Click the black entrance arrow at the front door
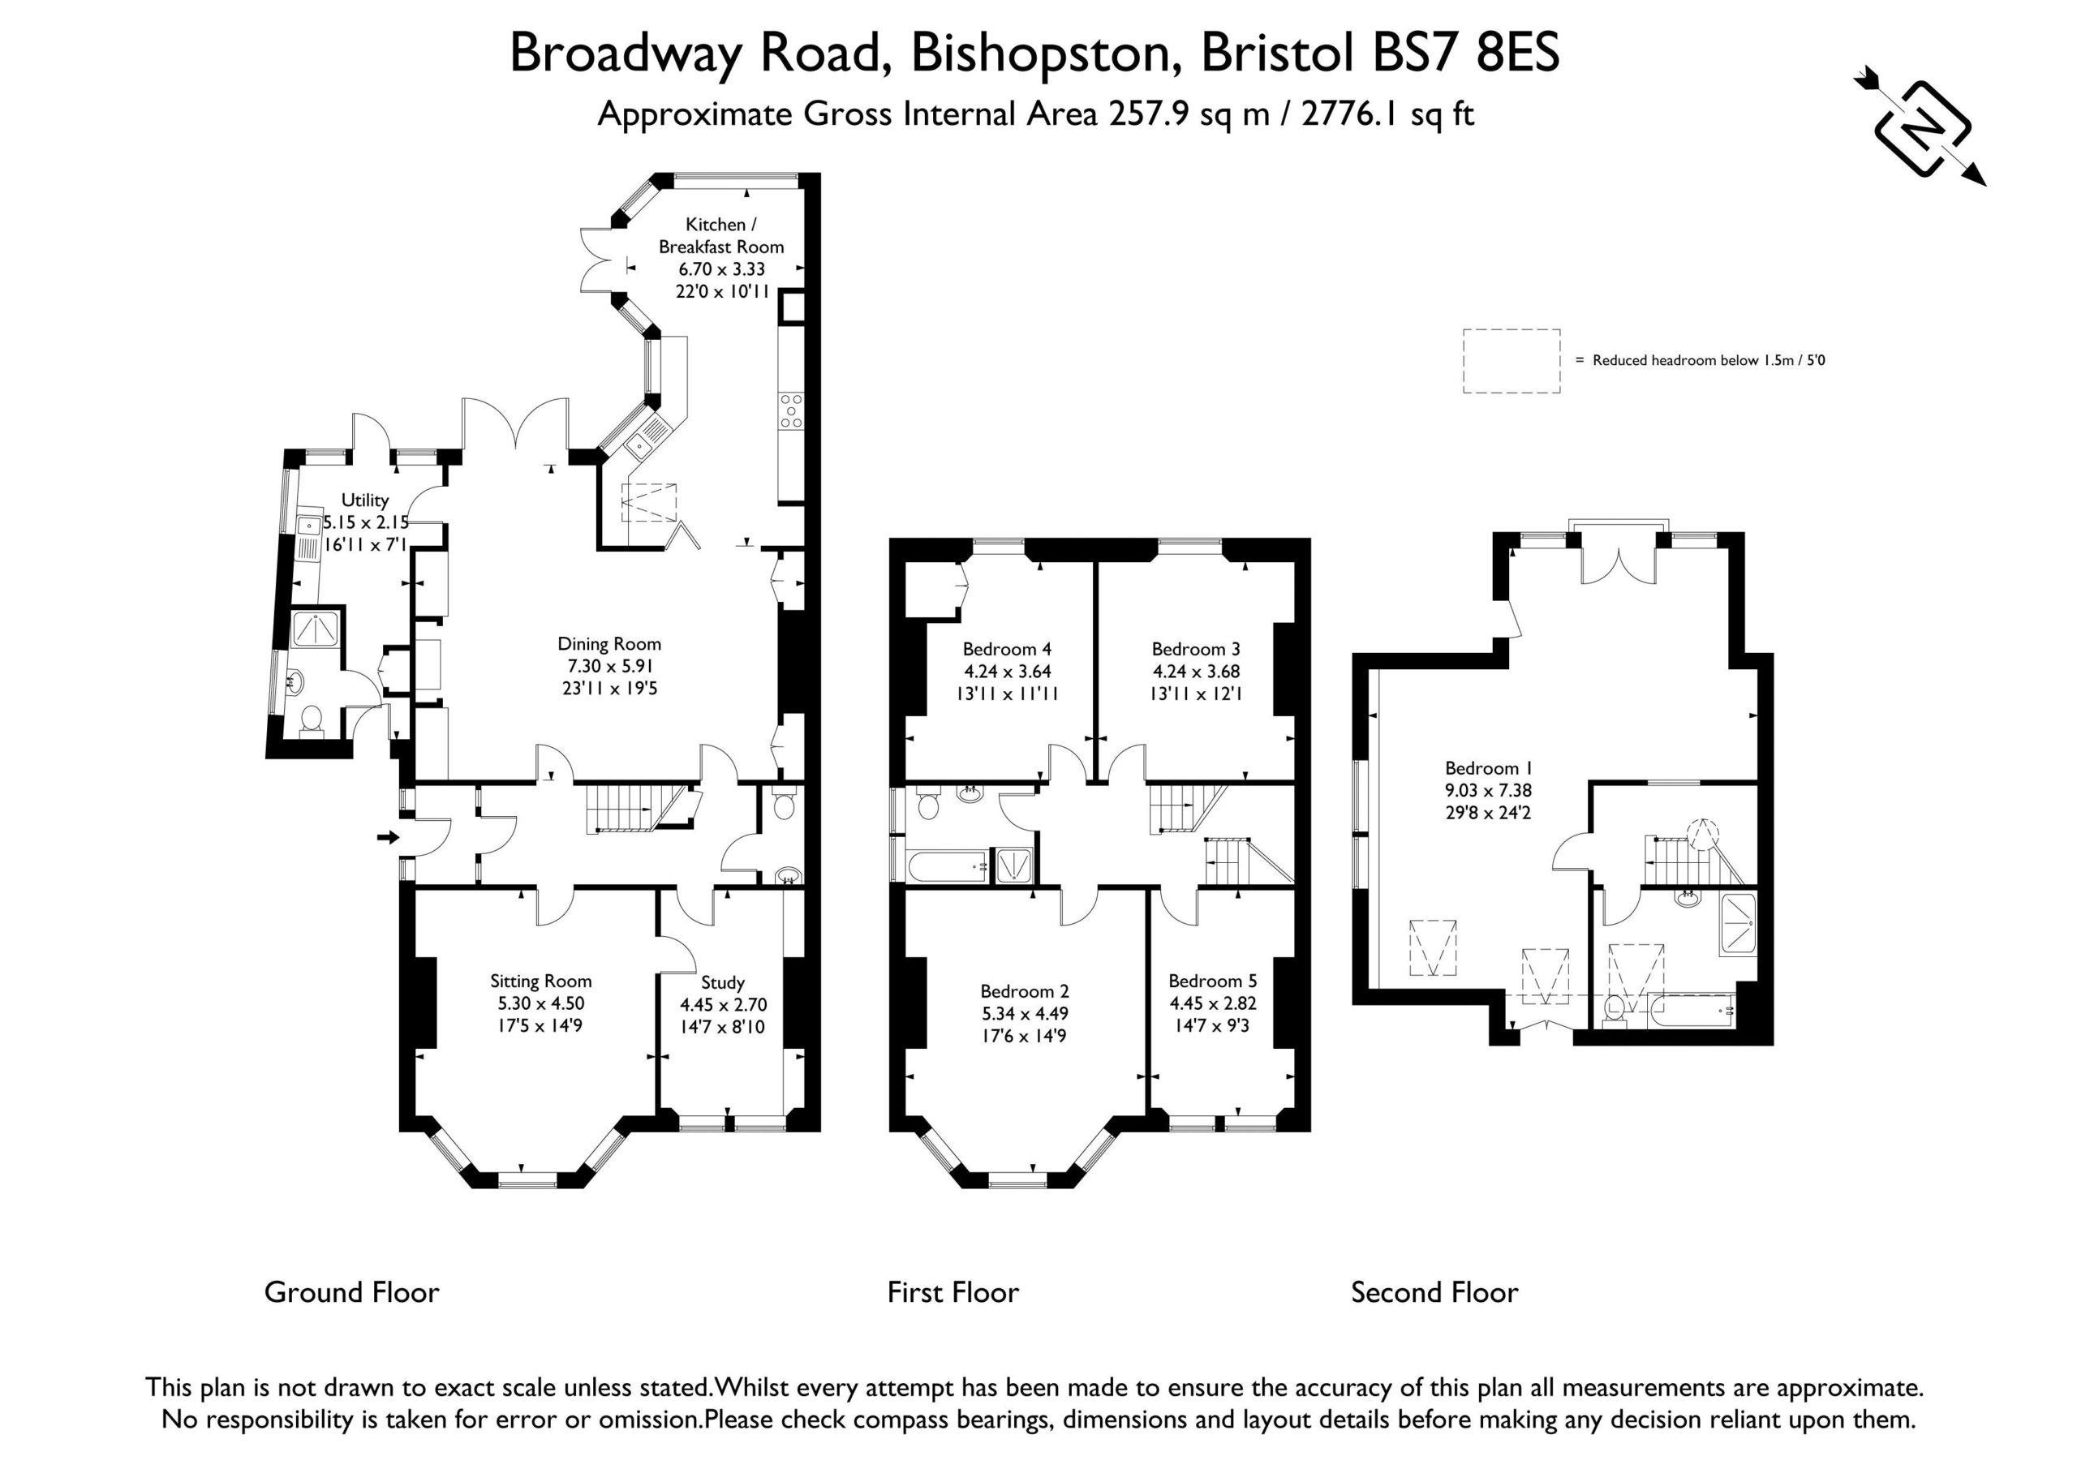(388, 838)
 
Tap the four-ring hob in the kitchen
(790, 410)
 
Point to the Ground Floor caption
(352, 1293)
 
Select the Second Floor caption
(1434, 1293)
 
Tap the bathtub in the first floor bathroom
(948, 866)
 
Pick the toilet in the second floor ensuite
(1614, 1012)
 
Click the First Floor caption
(952, 1293)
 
